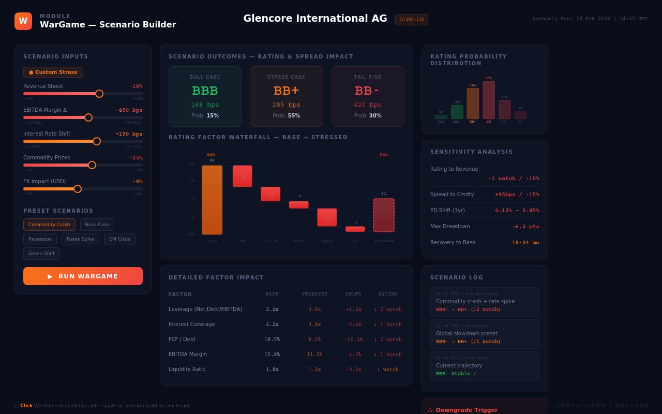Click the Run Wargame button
pyautogui.click(x=83, y=276)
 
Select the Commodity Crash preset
pyautogui.click(x=49, y=225)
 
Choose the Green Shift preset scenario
pyautogui.click(x=41, y=254)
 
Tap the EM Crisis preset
pyautogui.click(x=119, y=239)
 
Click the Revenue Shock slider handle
pyautogui.click(x=99, y=94)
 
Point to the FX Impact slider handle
pyautogui.click(x=78, y=189)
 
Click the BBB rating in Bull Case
pyautogui.click(x=205, y=91)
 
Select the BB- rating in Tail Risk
pyautogui.click(x=367, y=91)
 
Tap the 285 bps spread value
pyautogui.click(x=286, y=105)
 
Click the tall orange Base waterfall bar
pyautogui.click(x=212, y=200)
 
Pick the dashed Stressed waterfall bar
pyautogui.click(x=384, y=215)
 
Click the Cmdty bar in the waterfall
pyautogui.click(x=327, y=217)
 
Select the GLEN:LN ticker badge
pyautogui.click(x=412, y=20)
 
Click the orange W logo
pyautogui.click(x=23, y=21)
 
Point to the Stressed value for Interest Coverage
pyautogui.click(x=314, y=324)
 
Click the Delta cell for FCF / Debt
pyautogui.click(x=354, y=339)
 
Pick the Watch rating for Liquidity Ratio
pyautogui.click(x=388, y=369)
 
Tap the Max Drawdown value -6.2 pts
pyautogui.click(x=525, y=227)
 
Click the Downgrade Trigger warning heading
pyautogui.click(x=467, y=410)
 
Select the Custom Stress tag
pyautogui.click(x=53, y=72)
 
